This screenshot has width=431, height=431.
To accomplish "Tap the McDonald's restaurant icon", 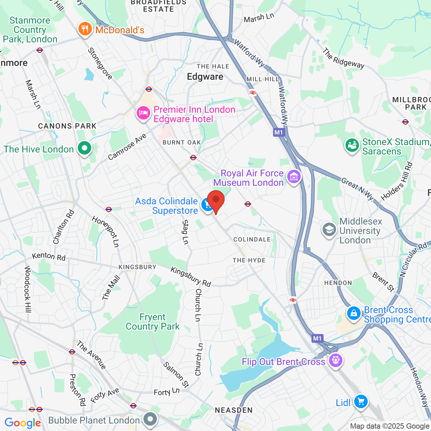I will (85, 29).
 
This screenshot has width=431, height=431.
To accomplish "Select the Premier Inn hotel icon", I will (143, 113).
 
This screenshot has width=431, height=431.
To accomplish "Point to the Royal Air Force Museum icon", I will (294, 176).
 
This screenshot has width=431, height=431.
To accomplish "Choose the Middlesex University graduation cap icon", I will (329, 230).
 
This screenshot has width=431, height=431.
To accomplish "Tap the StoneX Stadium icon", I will (352, 145).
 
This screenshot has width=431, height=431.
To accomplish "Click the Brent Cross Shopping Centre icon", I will (354, 313).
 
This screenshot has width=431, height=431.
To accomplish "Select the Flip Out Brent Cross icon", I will (335, 360).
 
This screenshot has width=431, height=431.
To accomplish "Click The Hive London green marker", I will (85, 148).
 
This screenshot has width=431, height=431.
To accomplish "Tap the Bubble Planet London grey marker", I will (150, 419).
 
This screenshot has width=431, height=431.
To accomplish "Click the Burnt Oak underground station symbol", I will (193, 157).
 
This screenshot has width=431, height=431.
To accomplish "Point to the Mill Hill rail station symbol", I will (253, 93).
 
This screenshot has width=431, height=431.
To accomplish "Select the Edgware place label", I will (205, 77).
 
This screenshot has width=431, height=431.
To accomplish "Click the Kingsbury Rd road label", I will (191, 277).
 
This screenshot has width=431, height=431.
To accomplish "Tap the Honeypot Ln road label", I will (106, 232).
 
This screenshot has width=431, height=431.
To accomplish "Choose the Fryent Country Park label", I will (153, 322).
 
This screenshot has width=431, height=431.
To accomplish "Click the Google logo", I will (23, 423).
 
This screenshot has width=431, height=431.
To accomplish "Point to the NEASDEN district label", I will (234, 410).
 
